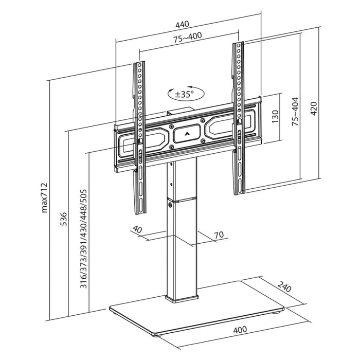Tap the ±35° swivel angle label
184,95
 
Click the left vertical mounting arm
140,139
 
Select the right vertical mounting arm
239,118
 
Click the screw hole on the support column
169,205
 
